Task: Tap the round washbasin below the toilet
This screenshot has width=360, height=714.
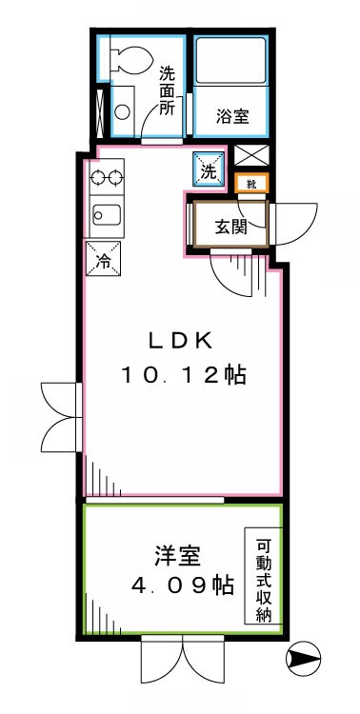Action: pyautogui.click(x=124, y=109)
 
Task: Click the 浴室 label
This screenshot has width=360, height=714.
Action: pyautogui.click(x=232, y=116)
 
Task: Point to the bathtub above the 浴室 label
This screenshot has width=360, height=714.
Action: pyautogui.click(x=234, y=63)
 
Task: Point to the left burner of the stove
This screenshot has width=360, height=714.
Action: pyautogui.click(x=96, y=175)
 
